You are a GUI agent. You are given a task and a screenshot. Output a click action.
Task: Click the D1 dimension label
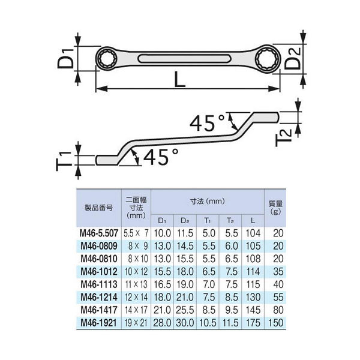click(x=65, y=59)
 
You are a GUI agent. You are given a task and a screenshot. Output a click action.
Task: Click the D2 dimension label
click(x=293, y=59)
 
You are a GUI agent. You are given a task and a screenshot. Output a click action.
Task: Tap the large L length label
click(x=179, y=79)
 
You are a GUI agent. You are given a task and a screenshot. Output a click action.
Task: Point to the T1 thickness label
click(x=64, y=161)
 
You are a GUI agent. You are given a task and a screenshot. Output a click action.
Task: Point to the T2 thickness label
click(x=284, y=137)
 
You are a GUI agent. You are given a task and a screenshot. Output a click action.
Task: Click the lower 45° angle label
click(x=161, y=157)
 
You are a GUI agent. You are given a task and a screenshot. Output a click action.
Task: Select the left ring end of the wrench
click(x=107, y=59)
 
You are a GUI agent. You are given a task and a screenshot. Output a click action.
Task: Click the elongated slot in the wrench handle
click(x=184, y=59)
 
